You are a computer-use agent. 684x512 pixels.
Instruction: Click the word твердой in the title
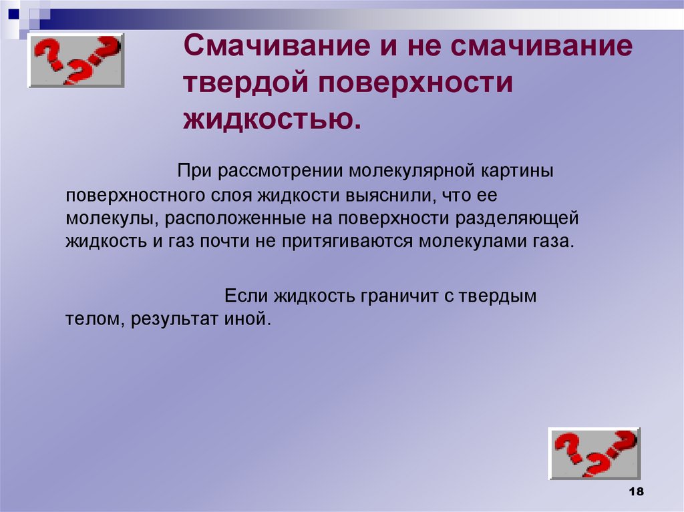point(243,84)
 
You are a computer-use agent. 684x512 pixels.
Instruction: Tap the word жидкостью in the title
point(271,119)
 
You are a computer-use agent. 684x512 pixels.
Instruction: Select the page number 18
point(635,491)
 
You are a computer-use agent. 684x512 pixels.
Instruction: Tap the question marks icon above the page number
point(594,453)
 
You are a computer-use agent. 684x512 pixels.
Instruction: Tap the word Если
point(242,296)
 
